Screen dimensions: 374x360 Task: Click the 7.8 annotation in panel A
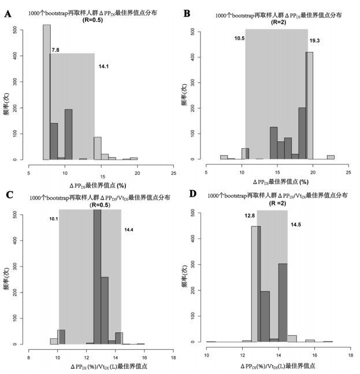pos(55,50)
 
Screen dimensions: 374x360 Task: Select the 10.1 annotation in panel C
pos(53,219)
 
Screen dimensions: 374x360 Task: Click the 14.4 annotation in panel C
pos(129,230)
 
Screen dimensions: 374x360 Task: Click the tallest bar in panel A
pos(47,92)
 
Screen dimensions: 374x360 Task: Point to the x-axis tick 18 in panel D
pos(350,354)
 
